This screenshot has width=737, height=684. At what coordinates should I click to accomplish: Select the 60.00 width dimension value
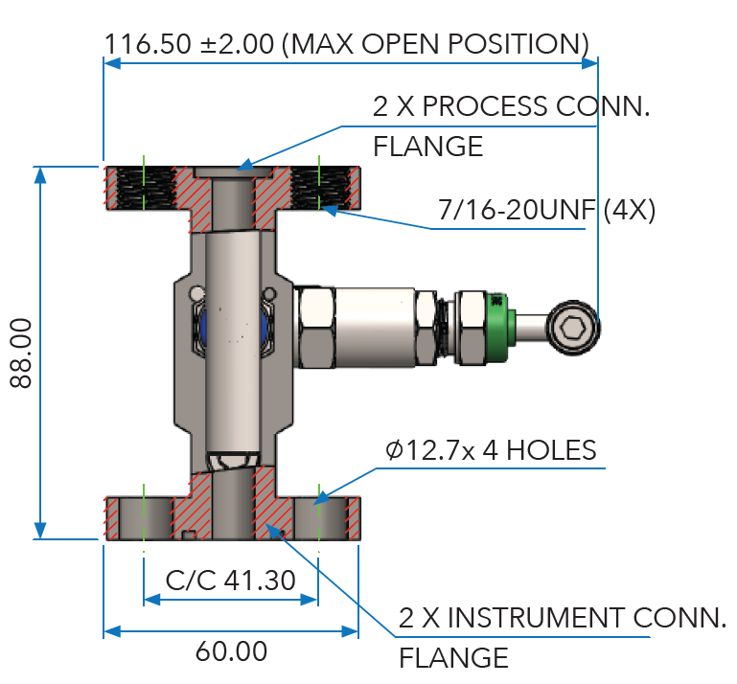[231, 651]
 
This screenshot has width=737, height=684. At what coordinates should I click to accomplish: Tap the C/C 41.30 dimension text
[230, 580]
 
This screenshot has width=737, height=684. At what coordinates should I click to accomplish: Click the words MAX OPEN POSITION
[437, 43]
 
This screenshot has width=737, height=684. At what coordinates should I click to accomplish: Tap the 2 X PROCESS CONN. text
[511, 106]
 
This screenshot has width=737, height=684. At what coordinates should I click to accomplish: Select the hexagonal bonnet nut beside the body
[316, 328]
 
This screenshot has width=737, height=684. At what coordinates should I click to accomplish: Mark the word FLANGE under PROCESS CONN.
[426, 147]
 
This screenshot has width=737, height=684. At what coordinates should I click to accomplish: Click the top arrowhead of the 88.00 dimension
[40, 173]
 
